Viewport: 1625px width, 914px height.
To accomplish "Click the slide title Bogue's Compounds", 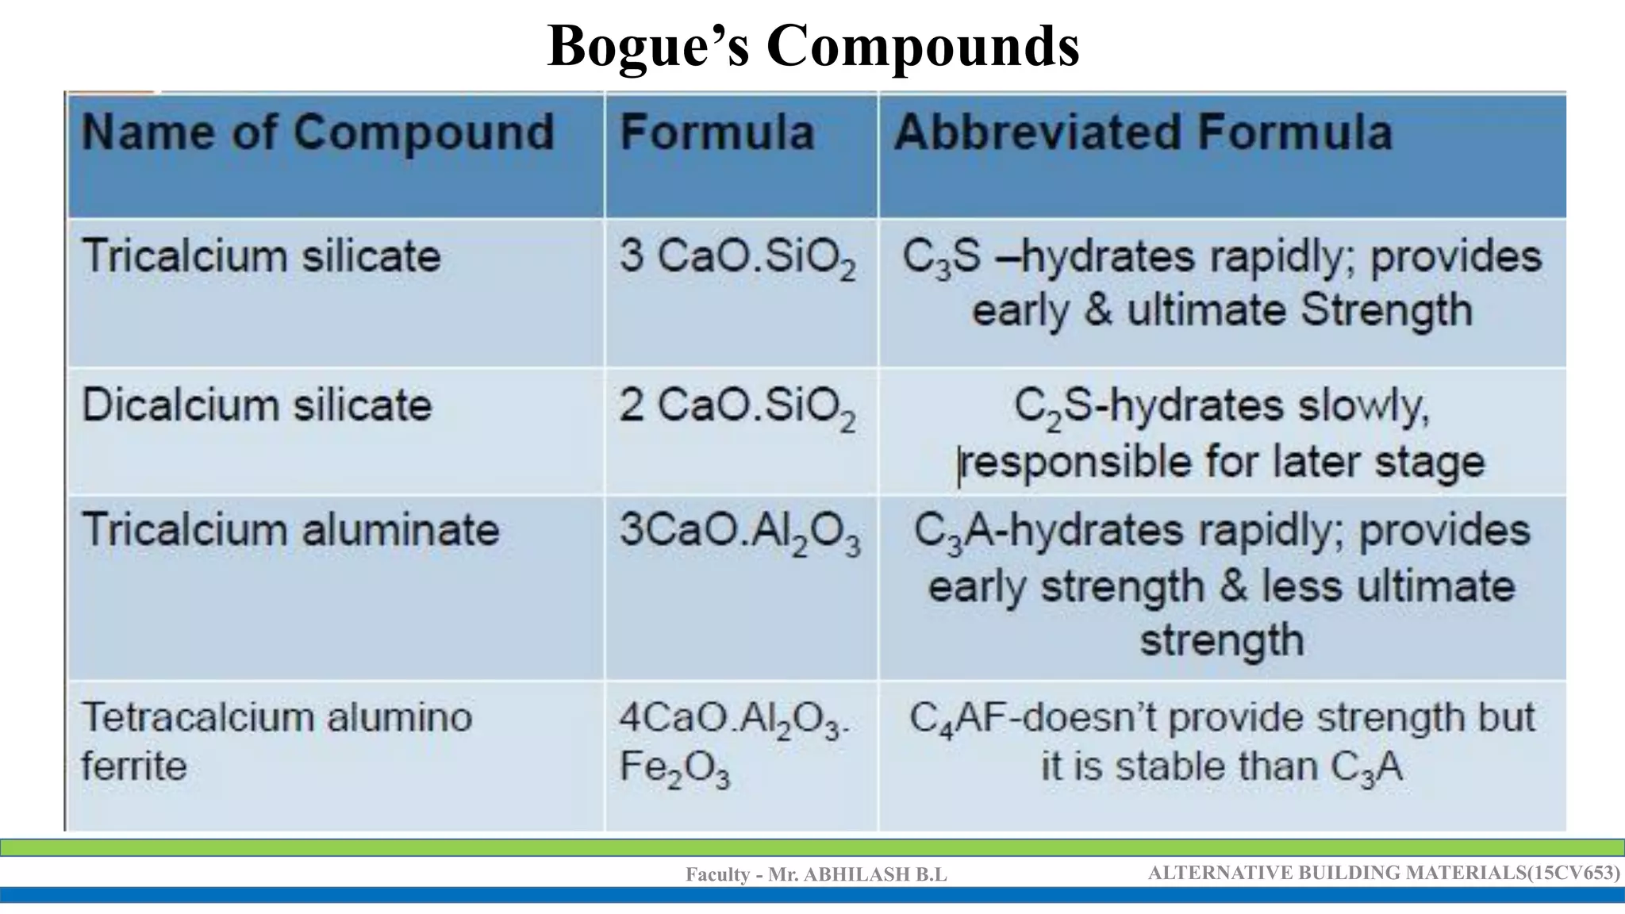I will [812, 46].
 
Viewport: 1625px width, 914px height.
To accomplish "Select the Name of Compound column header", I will [317, 132].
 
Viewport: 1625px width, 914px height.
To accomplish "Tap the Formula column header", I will [716, 132].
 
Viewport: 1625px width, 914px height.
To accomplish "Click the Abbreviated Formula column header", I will [1143, 132].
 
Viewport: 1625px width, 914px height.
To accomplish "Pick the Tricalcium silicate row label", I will [261, 256].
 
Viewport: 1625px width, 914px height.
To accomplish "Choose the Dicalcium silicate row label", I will [256, 405].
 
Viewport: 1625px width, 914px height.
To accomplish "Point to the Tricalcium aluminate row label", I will [290, 529].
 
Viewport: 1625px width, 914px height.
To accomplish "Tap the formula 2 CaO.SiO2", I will [737, 408].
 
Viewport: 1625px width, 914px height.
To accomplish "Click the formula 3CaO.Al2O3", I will [739, 532].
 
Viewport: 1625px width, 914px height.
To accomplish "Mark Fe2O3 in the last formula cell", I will [674, 769].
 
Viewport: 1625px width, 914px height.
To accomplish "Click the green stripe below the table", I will [812, 847].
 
